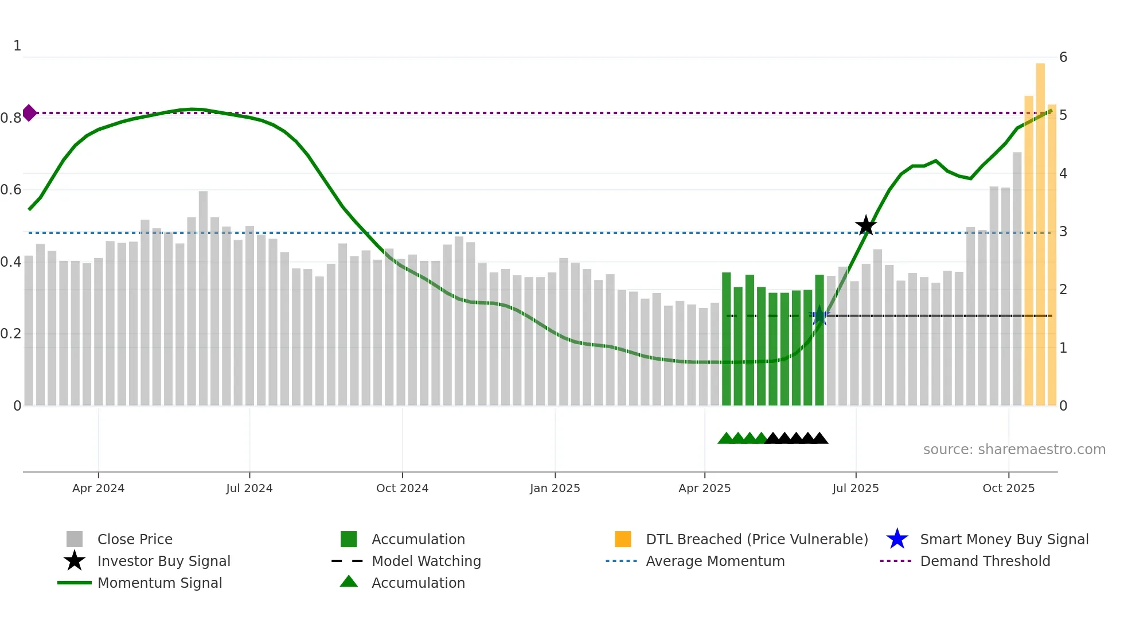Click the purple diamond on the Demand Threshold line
(x=29, y=113)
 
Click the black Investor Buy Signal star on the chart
(x=866, y=226)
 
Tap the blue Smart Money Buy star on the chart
(x=819, y=316)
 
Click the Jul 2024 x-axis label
(x=249, y=488)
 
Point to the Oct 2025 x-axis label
(x=1008, y=488)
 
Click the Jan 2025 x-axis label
(x=555, y=488)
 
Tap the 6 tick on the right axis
(x=1063, y=57)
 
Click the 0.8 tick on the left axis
(x=11, y=118)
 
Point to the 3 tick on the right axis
(x=1063, y=232)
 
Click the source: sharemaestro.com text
(x=1014, y=450)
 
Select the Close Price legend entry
(x=135, y=539)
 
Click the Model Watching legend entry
(x=426, y=561)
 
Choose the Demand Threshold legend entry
(x=985, y=561)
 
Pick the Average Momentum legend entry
(x=715, y=561)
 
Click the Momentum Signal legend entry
(x=159, y=583)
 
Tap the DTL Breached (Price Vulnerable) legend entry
(x=756, y=539)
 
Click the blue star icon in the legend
(x=897, y=539)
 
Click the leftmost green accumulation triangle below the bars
(x=725, y=439)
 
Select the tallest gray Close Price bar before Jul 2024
(x=203, y=298)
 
